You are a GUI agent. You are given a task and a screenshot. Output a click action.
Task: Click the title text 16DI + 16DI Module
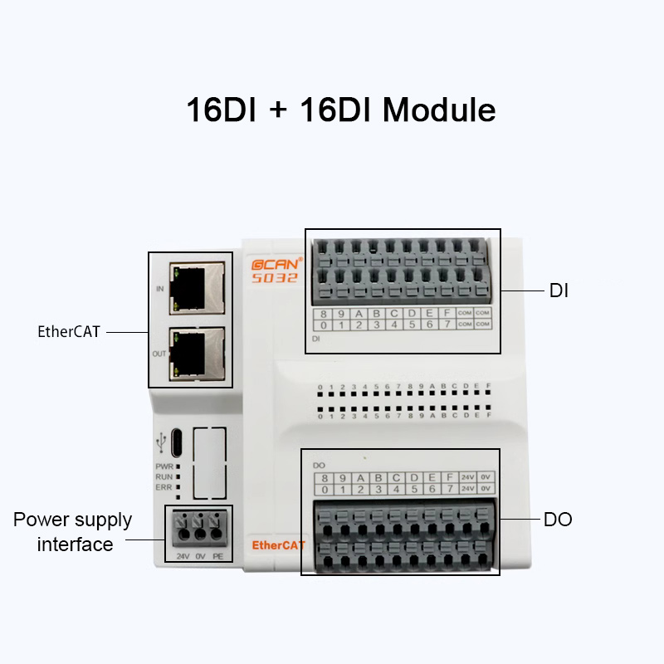point(340,110)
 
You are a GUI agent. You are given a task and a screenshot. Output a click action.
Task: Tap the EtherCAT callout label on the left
point(68,331)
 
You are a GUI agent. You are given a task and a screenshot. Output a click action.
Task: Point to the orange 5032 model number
point(274,278)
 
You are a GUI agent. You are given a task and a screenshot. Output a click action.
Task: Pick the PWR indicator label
point(164,466)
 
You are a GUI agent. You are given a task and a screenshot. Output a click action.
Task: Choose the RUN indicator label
point(164,476)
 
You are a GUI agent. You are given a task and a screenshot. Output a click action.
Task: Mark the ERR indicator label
point(164,487)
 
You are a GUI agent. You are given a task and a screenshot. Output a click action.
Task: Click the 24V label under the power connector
point(183,554)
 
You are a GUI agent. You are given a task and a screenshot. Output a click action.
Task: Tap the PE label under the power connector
point(217,554)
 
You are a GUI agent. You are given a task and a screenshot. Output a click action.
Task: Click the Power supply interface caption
point(73,532)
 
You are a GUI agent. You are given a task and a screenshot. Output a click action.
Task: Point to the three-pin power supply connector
point(200,525)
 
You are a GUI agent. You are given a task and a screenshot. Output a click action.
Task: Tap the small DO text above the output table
point(318,465)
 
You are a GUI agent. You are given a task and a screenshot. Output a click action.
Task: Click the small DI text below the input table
point(316,339)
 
